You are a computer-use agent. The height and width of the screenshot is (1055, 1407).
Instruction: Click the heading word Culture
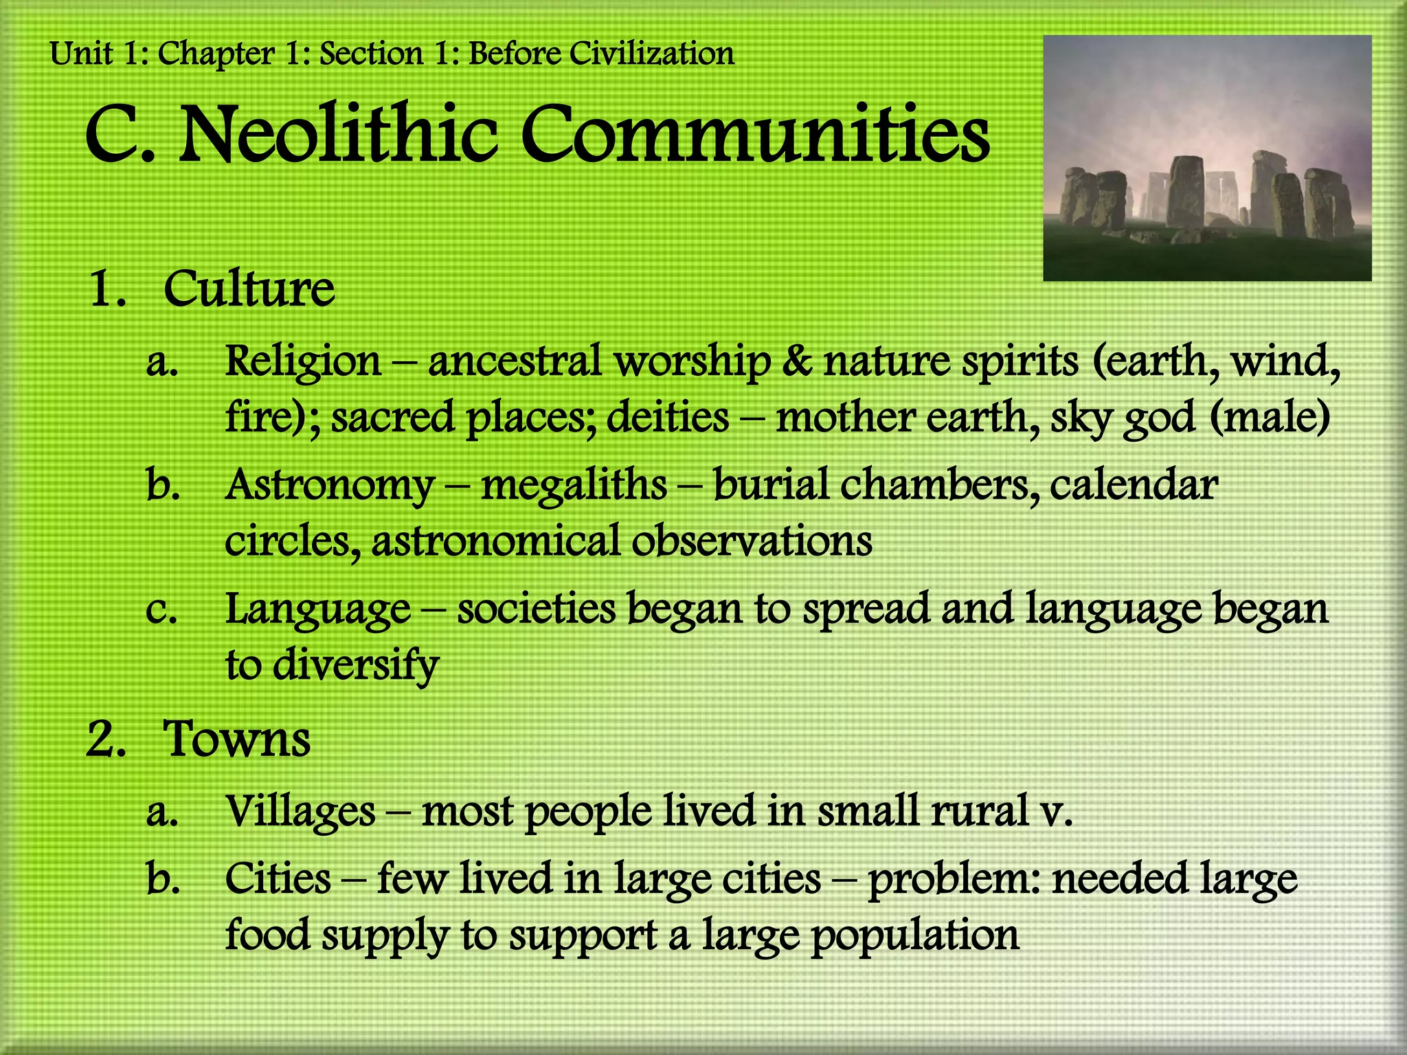(249, 289)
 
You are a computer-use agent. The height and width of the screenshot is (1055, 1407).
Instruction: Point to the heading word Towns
(236, 740)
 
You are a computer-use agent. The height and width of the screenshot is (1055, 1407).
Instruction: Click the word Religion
(303, 361)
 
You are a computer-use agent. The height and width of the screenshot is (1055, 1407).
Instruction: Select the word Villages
(300, 811)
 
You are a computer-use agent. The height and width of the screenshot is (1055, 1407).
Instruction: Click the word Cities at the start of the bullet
(278, 878)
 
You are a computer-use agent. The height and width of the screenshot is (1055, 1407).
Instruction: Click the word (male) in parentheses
(1270, 417)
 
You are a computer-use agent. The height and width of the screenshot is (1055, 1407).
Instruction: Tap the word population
(915, 935)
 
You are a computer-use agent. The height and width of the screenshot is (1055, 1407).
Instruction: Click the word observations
(752, 541)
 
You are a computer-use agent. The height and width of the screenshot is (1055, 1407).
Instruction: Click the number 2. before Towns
(106, 740)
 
